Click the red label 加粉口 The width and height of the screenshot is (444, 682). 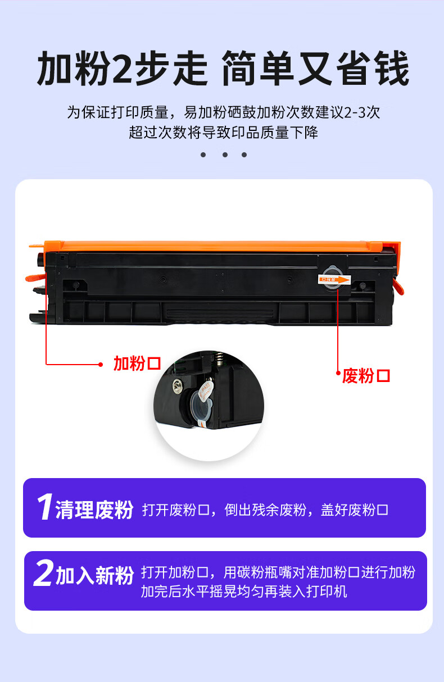click(x=137, y=363)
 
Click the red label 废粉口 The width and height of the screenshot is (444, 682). click(x=366, y=376)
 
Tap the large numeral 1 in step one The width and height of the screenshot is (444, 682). click(x=44, y=507)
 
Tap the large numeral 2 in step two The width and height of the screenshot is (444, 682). click(x=43, y=572)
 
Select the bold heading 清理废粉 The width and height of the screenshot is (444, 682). click(x=94, y=510)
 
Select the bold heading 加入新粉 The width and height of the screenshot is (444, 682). click(x=95, y=575)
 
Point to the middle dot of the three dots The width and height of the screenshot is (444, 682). click(x=225, y=154)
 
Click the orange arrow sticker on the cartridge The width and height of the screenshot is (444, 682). click(x=334, y=280)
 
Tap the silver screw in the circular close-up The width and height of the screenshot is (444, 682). click(x=178, y=386)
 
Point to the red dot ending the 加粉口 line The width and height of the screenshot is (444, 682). click(x=101, y=365)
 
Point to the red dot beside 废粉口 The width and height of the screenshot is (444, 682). click(x=338, y=372)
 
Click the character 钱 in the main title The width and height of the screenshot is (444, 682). click(x=392, y=69)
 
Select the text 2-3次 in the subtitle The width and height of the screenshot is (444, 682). click(x=362, y=112)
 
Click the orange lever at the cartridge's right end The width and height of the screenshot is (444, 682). click(x=398, y=286)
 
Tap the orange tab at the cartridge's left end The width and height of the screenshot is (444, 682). click(x=35, y=277)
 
